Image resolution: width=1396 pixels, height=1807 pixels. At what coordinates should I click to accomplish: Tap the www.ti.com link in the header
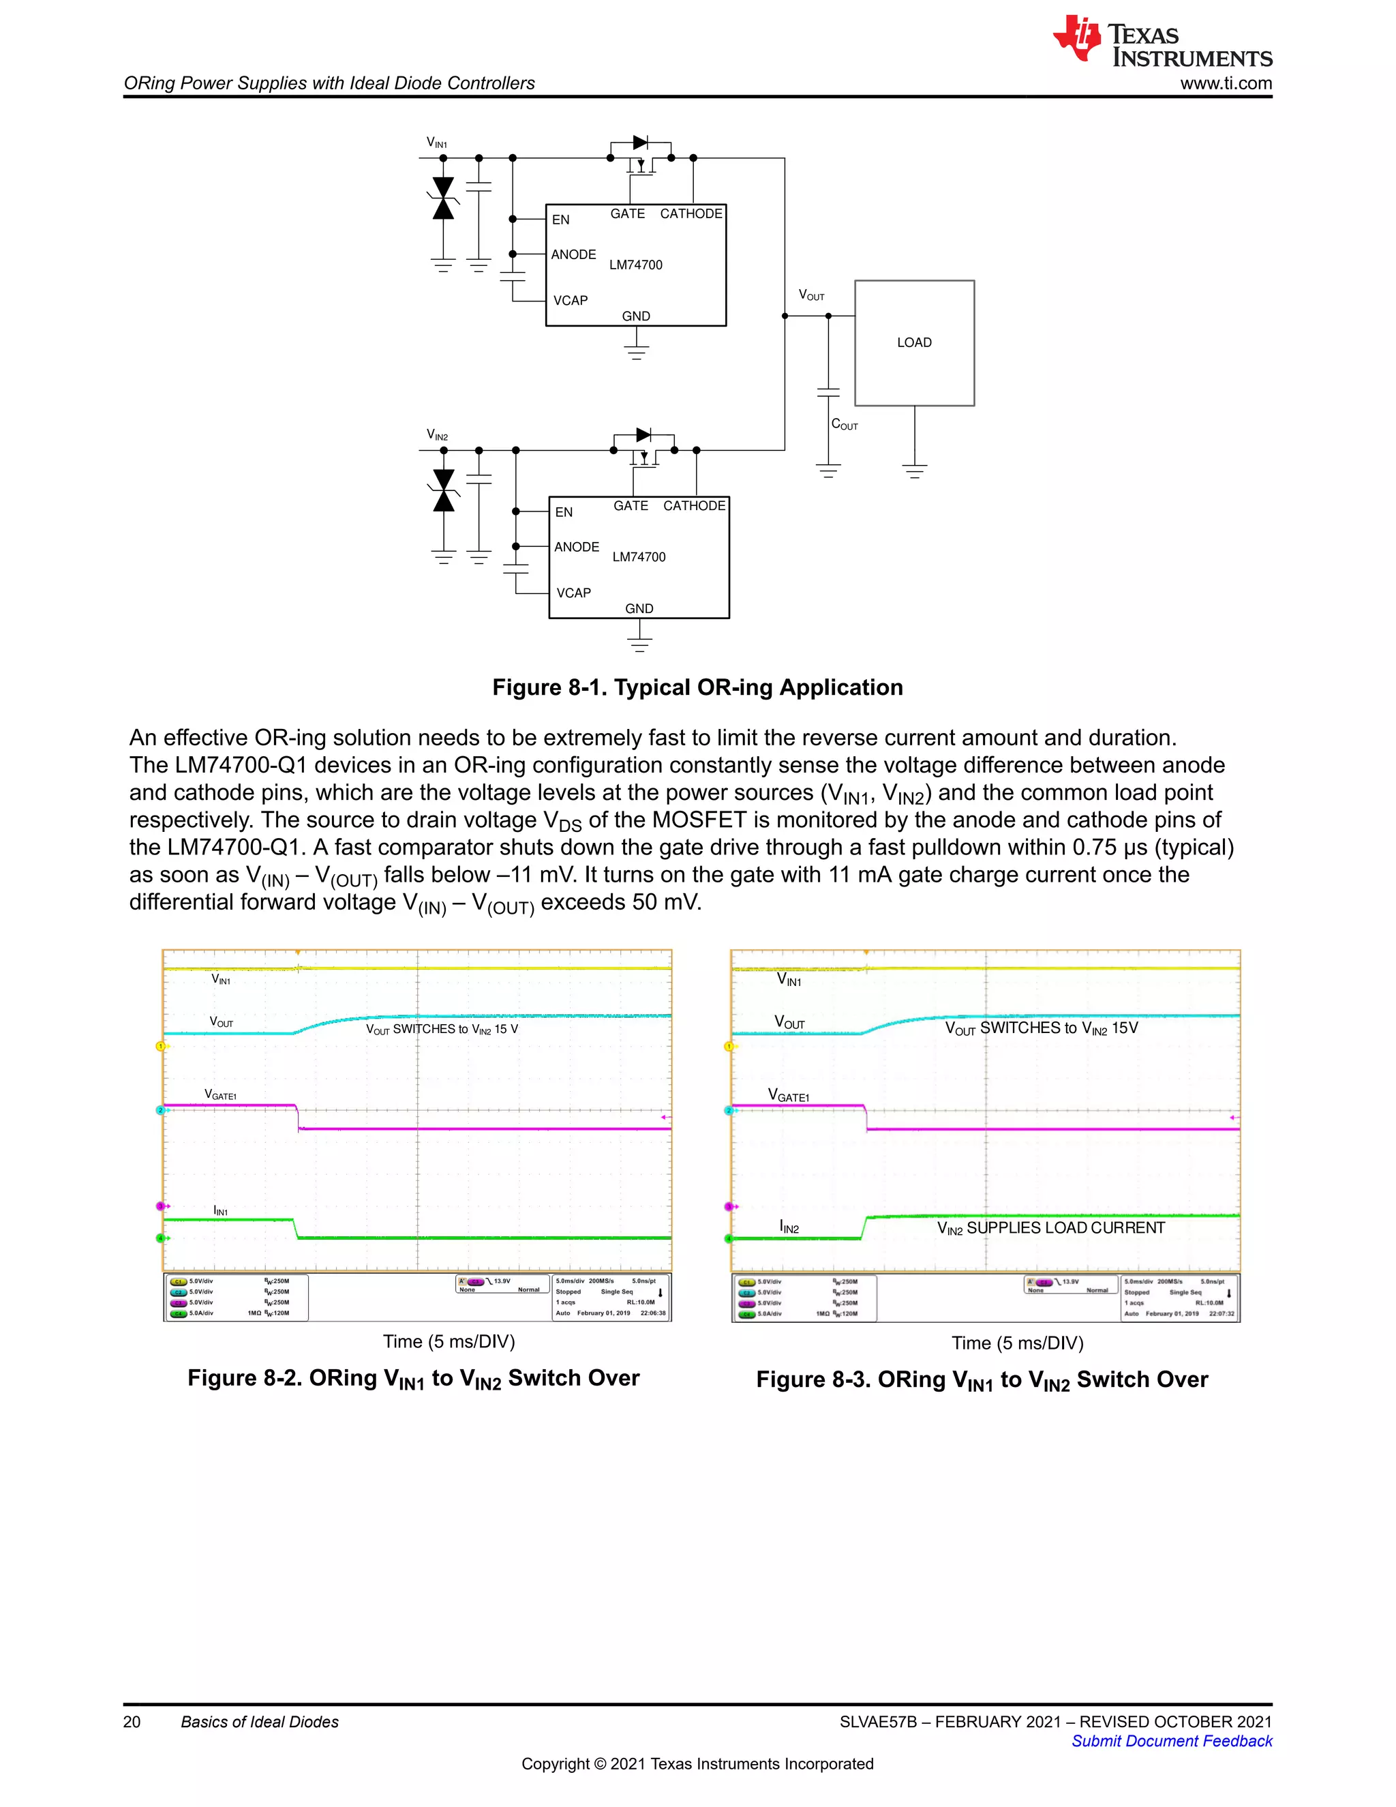coord(1226,84)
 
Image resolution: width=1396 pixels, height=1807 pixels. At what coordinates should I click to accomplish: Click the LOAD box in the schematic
coord(914,342)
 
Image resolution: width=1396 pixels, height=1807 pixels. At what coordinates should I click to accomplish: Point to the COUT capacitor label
coord(845,424)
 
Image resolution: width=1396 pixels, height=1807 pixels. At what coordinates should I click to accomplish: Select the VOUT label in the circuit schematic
coord(811,295)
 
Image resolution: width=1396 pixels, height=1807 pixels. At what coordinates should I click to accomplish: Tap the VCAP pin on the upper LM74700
coord(571,300)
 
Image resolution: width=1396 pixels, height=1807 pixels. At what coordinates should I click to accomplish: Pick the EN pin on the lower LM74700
coord(564,512)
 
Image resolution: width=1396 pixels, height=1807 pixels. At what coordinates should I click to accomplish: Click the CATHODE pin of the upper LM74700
coord(691,213)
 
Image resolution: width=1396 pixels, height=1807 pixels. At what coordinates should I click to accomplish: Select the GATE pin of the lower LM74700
coord(631,505)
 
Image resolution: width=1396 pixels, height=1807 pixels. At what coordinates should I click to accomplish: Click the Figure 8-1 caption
coord(697,687)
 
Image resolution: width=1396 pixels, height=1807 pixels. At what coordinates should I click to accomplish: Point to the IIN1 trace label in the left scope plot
coord(221,1211)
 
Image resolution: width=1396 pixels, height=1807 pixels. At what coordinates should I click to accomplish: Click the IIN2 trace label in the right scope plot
coord(789,1228)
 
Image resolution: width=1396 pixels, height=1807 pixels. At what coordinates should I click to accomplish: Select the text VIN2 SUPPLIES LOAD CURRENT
coord(1050,1229)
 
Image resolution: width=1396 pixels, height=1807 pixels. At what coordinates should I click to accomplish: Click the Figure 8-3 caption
coord(982,1380)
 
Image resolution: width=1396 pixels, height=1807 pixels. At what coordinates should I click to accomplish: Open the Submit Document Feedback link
coord(1171,1741)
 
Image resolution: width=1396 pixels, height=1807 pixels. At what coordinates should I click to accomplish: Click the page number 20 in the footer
coord(132,1722)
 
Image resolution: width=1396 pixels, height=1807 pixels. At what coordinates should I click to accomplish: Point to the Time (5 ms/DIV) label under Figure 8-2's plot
coord(449,1341)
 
